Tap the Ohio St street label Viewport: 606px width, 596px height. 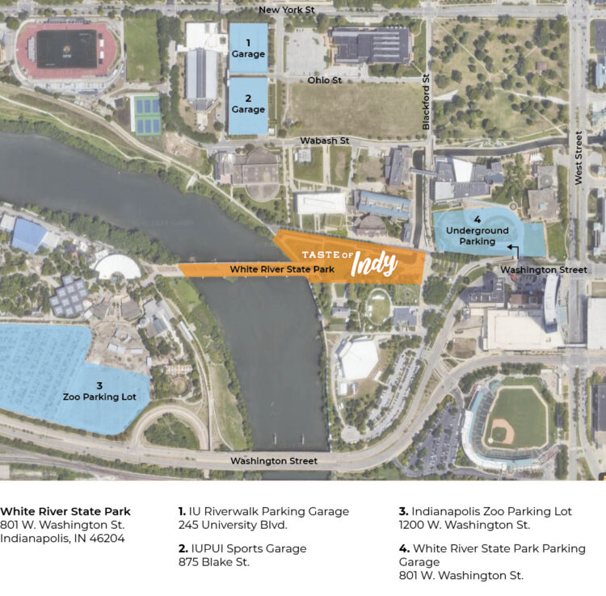click(x=326, y=81)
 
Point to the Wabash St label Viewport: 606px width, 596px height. click(x=324, y=141)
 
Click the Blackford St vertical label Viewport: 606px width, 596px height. click(x=427, y=102)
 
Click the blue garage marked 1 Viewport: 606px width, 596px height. click(x=248, y=48)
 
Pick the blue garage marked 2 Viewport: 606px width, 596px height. click(x=248, y=104)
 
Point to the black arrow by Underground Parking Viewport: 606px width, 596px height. click(x=510, y=250)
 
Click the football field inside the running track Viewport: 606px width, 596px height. click(x=66, y=49)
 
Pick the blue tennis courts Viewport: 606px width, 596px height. click(x=145, y=114)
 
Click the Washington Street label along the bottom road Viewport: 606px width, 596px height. click(x=274, y=461)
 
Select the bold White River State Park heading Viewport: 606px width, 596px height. click(x=65, y=511)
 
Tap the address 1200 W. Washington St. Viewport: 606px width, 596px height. click(x=465, y=525)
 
